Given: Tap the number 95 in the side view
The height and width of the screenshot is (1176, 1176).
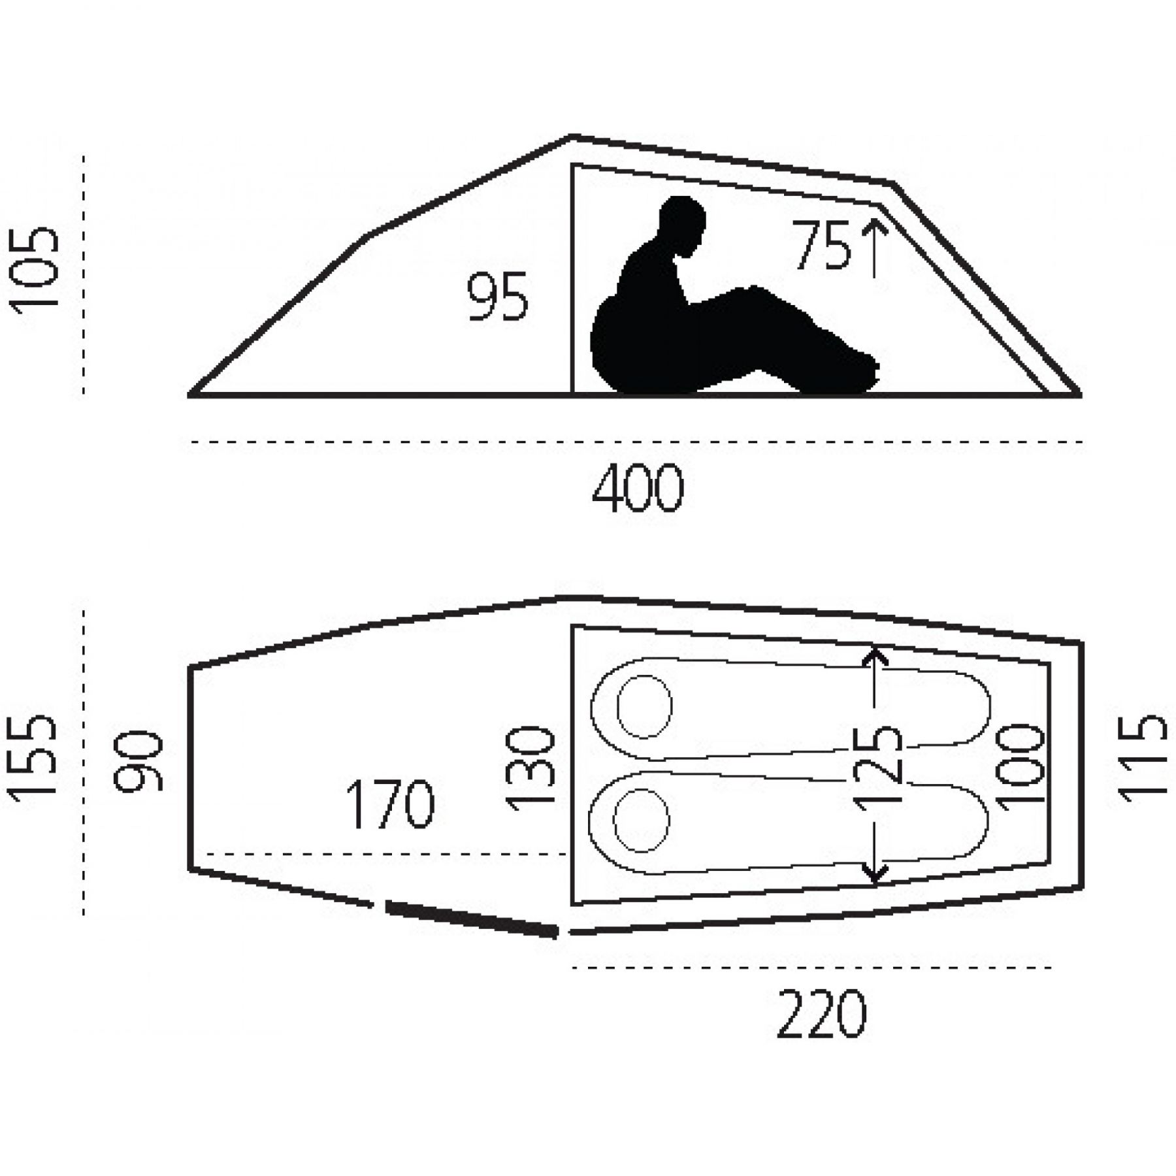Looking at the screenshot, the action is [497, 297].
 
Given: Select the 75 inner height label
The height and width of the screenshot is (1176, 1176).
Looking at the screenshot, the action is [822, 245].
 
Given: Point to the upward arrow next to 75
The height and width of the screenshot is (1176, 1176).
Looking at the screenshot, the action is [874, 248].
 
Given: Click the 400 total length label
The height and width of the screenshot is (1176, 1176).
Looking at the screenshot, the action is [638, 488].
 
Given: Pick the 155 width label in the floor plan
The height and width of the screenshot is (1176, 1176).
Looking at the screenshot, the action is [33, 758].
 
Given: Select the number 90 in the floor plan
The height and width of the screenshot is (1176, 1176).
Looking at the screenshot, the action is [138, 762].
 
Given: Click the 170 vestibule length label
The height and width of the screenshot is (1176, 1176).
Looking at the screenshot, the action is [389, 804].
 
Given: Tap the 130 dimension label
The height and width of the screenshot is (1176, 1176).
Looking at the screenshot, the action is [531, 768].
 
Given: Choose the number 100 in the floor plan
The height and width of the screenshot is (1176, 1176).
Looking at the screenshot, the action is [1020, 766].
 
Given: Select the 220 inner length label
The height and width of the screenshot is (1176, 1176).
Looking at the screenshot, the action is [822, 1014].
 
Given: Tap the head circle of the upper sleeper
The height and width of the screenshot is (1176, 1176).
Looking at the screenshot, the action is [645, 707].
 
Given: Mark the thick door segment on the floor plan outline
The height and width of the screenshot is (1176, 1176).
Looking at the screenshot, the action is [471, 919].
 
